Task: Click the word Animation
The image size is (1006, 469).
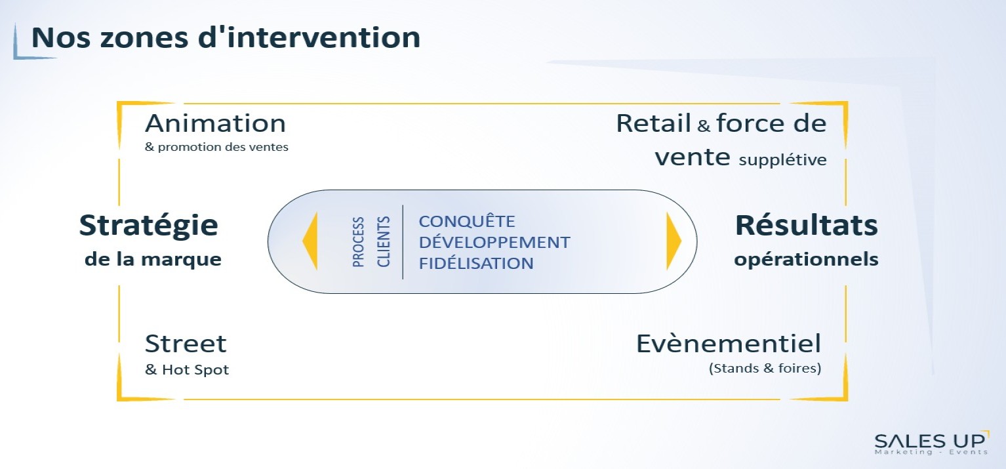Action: (x=215, y=123)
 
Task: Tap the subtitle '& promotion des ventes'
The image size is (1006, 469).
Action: (x=216, y=147)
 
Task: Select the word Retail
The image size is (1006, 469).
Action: (x=653, y=123)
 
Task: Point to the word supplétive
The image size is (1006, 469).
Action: (x=782, y=160)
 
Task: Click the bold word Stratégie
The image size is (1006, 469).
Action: (x=149, y=226)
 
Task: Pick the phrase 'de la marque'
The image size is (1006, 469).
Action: (x=153, y=259)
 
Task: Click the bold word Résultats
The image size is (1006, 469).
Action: (x=806, y=225)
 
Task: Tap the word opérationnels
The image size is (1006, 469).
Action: (x=806, y=260)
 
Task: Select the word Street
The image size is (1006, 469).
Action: (x=186, y=344)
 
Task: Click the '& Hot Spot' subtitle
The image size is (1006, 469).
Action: (x=187, y=370)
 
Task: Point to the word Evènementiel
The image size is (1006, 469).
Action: (x=729, y=344)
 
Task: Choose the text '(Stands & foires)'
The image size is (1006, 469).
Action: (x=765, y=369)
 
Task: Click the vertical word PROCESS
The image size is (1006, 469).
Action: (x=358, y=242)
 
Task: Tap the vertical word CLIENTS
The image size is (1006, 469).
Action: (x=383, y=241)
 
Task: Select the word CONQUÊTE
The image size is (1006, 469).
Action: (x=467, y=221)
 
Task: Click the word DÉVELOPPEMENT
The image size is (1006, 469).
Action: (x=494, y=243)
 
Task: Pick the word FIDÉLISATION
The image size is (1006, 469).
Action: (x=476, y=263)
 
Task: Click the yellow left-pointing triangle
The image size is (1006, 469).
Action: (x=310, y=241)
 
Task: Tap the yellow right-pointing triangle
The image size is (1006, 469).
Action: (x=674, y=241)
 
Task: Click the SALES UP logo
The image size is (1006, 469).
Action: (x=931, y=443)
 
